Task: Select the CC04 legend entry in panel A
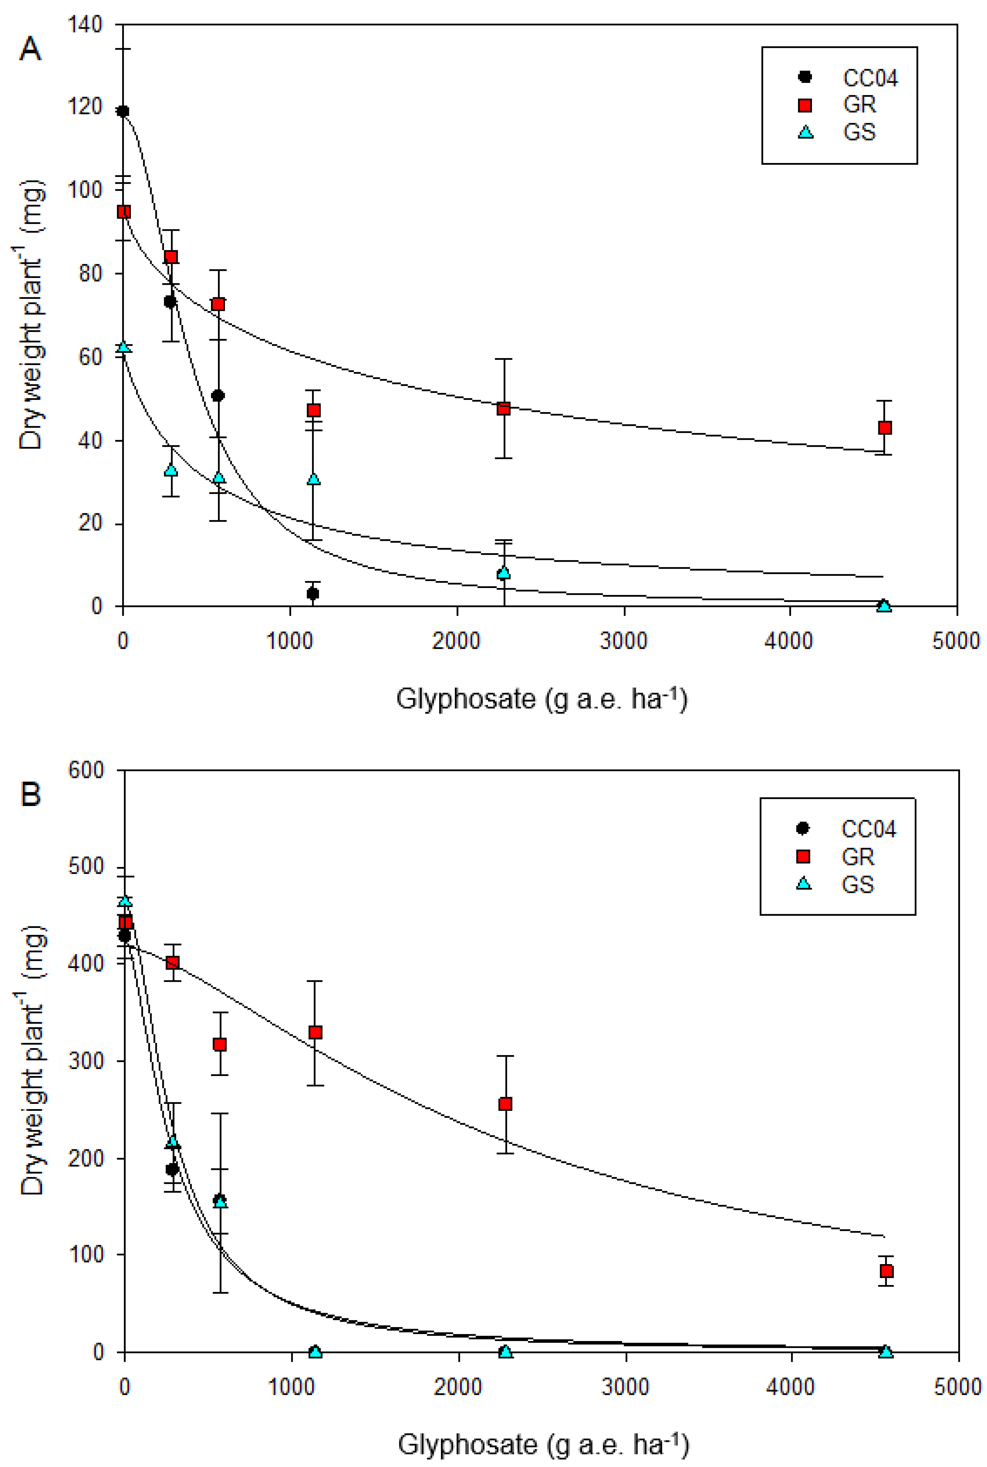click(869, 78)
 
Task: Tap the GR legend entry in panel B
click(857, 856)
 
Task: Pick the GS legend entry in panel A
click(859, 132)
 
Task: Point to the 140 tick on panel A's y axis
click(85, 25)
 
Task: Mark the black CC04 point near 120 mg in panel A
click(123, 111)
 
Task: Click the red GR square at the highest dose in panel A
click(884, 428)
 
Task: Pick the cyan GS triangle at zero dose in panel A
click(123, 347)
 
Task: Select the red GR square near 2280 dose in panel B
click(505, 1104)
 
